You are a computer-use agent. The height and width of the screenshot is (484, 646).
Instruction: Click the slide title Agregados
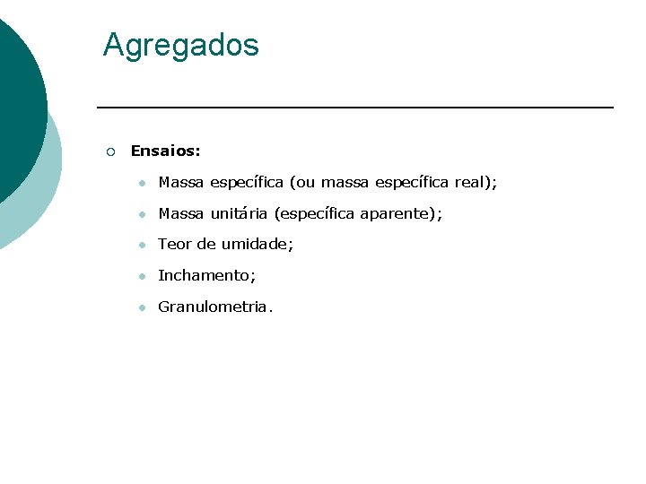coord(180,45)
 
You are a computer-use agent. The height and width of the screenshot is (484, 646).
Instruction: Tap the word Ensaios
coord(164,151)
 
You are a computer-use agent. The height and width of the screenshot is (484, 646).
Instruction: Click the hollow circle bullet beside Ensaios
coord(109,151)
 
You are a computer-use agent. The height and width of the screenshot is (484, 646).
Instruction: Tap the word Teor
coord(175,244)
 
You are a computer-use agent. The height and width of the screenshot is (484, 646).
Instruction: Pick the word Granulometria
coord(214,307)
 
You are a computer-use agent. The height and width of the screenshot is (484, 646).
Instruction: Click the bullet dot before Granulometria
coord(141,307)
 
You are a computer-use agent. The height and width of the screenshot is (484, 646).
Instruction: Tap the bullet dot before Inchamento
coord(141,275)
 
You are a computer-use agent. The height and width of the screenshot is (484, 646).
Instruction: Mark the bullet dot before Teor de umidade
coord(141,244)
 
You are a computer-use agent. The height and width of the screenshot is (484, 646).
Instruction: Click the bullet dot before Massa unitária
coord(141,213)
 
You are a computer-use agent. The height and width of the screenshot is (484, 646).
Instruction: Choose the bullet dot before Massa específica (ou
coord(141,183)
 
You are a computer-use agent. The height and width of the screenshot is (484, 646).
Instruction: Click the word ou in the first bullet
coord(305,183)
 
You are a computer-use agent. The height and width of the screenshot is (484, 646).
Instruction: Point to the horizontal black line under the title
coord(354,108)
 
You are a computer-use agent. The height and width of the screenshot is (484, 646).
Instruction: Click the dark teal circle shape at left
coord(18,99)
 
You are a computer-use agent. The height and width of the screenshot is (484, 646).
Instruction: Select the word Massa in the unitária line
coord(181,213)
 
